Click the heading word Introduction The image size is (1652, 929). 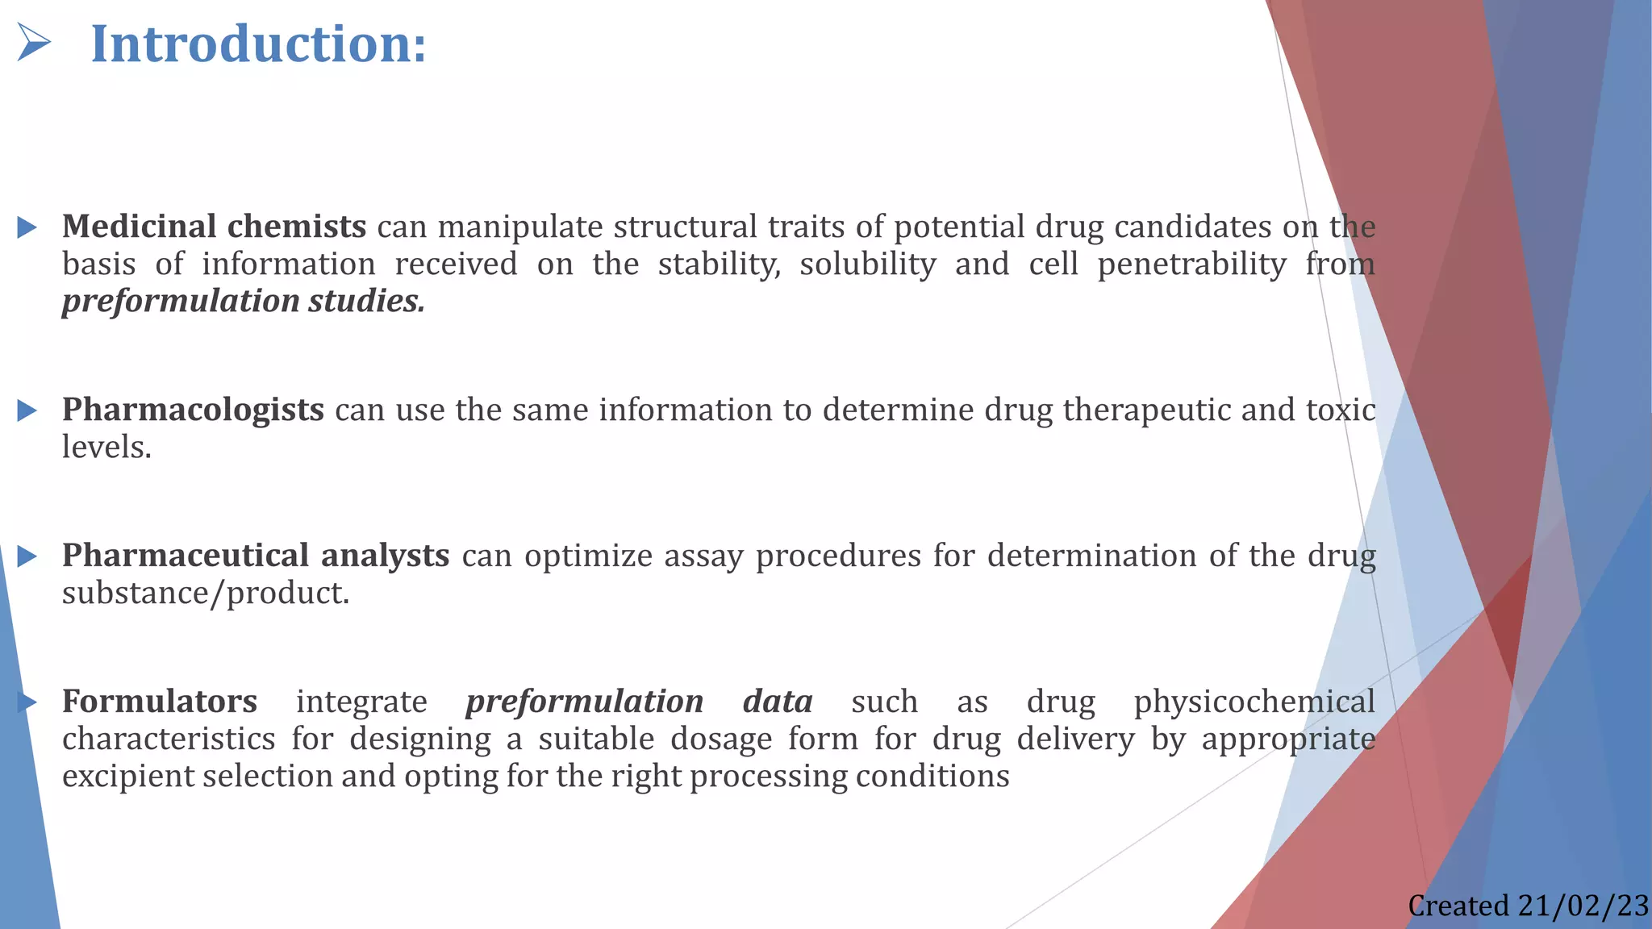point(258,44)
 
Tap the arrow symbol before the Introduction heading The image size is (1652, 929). point(34,43)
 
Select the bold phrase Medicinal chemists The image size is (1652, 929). point(215,227)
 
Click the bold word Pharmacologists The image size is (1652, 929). point(194,410)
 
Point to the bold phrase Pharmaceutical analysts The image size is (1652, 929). point(256,556)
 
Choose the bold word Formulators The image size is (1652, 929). point(160,702)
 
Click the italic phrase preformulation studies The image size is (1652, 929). point(243,302)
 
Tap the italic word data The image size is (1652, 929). point(778,702)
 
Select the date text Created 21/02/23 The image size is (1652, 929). point(1528,906)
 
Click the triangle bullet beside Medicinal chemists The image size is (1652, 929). point(27,227)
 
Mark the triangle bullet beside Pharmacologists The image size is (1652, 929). point(27,410)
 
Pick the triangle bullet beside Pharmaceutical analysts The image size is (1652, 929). point(27,556)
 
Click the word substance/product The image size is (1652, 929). point(206,594)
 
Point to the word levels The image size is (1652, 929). point(106,448)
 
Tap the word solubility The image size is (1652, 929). point(868,265)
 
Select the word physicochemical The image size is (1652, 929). point(1254,702)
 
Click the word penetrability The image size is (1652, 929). point(1191,265)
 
